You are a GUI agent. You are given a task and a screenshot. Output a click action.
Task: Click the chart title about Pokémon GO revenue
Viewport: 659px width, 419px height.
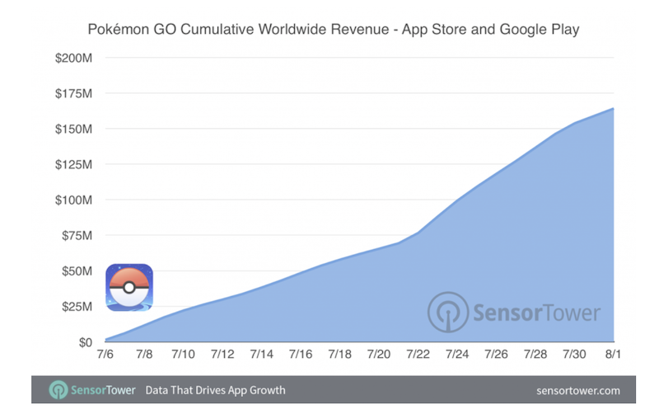(334, 30)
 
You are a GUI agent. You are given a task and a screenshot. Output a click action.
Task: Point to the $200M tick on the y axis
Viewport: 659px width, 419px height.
(74, 59)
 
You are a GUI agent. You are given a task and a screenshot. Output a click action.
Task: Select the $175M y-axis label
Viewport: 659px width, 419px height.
(74, 94)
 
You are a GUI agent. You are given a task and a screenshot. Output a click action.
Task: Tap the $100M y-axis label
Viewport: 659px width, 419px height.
(74, 200)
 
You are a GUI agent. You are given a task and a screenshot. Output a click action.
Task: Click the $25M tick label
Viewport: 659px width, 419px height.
(76, 307)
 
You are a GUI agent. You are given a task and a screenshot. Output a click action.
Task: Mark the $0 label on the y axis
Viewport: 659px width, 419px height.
(85, 341)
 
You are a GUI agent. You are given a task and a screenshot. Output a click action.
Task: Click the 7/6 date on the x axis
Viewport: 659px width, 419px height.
(105, 355)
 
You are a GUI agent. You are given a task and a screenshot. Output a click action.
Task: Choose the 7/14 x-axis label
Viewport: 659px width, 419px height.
(262, 355)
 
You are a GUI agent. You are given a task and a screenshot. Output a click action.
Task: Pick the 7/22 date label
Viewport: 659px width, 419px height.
(418, 355)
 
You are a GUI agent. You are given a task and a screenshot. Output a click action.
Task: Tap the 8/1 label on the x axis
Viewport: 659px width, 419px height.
(614, 355)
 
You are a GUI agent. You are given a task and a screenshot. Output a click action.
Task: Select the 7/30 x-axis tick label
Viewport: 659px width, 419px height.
(575, 355)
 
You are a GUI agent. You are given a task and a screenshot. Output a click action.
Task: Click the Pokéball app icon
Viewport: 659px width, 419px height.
(129, 287)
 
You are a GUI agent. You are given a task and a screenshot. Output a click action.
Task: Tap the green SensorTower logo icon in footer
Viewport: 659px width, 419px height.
(58, 389)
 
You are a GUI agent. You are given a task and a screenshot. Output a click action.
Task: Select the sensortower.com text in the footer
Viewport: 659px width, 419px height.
(577, 390)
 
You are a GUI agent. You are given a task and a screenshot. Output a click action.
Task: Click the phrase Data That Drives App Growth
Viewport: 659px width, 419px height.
(215, 390)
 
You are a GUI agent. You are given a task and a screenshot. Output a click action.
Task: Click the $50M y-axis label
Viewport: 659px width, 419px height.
(76, 271)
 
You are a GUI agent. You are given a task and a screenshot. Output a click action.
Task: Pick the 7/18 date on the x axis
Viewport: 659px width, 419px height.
(340, 355)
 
